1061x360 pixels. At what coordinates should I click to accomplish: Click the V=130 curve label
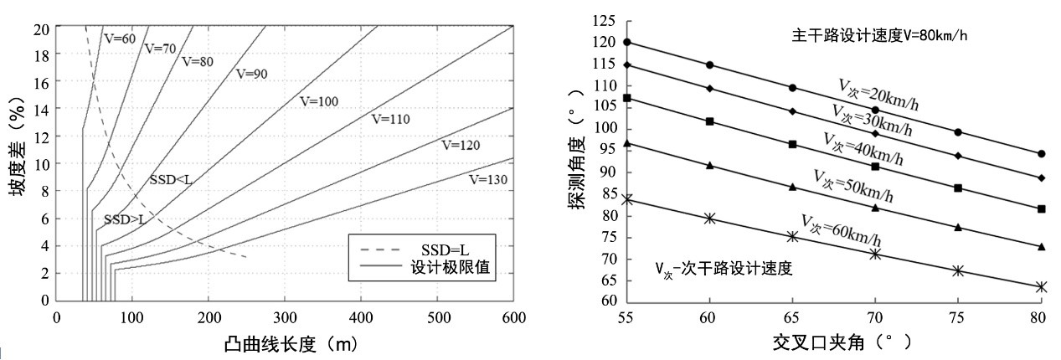(488, 179)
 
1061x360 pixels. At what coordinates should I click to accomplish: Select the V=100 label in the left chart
(318, 101)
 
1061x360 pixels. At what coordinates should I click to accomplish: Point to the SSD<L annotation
(171, 180)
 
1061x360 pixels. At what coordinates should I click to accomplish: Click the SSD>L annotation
(125, 219)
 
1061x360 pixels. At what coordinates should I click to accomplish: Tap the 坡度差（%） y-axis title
(18, 163)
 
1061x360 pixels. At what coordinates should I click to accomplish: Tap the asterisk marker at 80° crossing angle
(1041, 287)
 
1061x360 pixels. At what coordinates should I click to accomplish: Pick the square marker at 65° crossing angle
(792, 145)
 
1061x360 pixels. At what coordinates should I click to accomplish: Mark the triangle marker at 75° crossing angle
(958, 228)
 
